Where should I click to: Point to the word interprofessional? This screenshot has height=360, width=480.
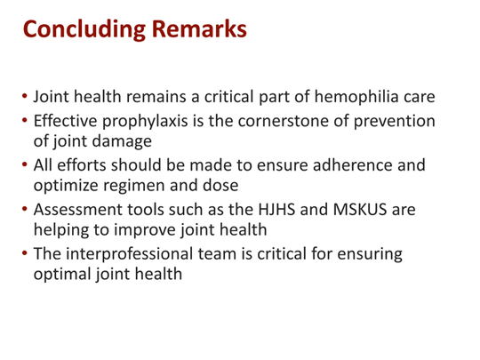(x=133, y=254)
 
